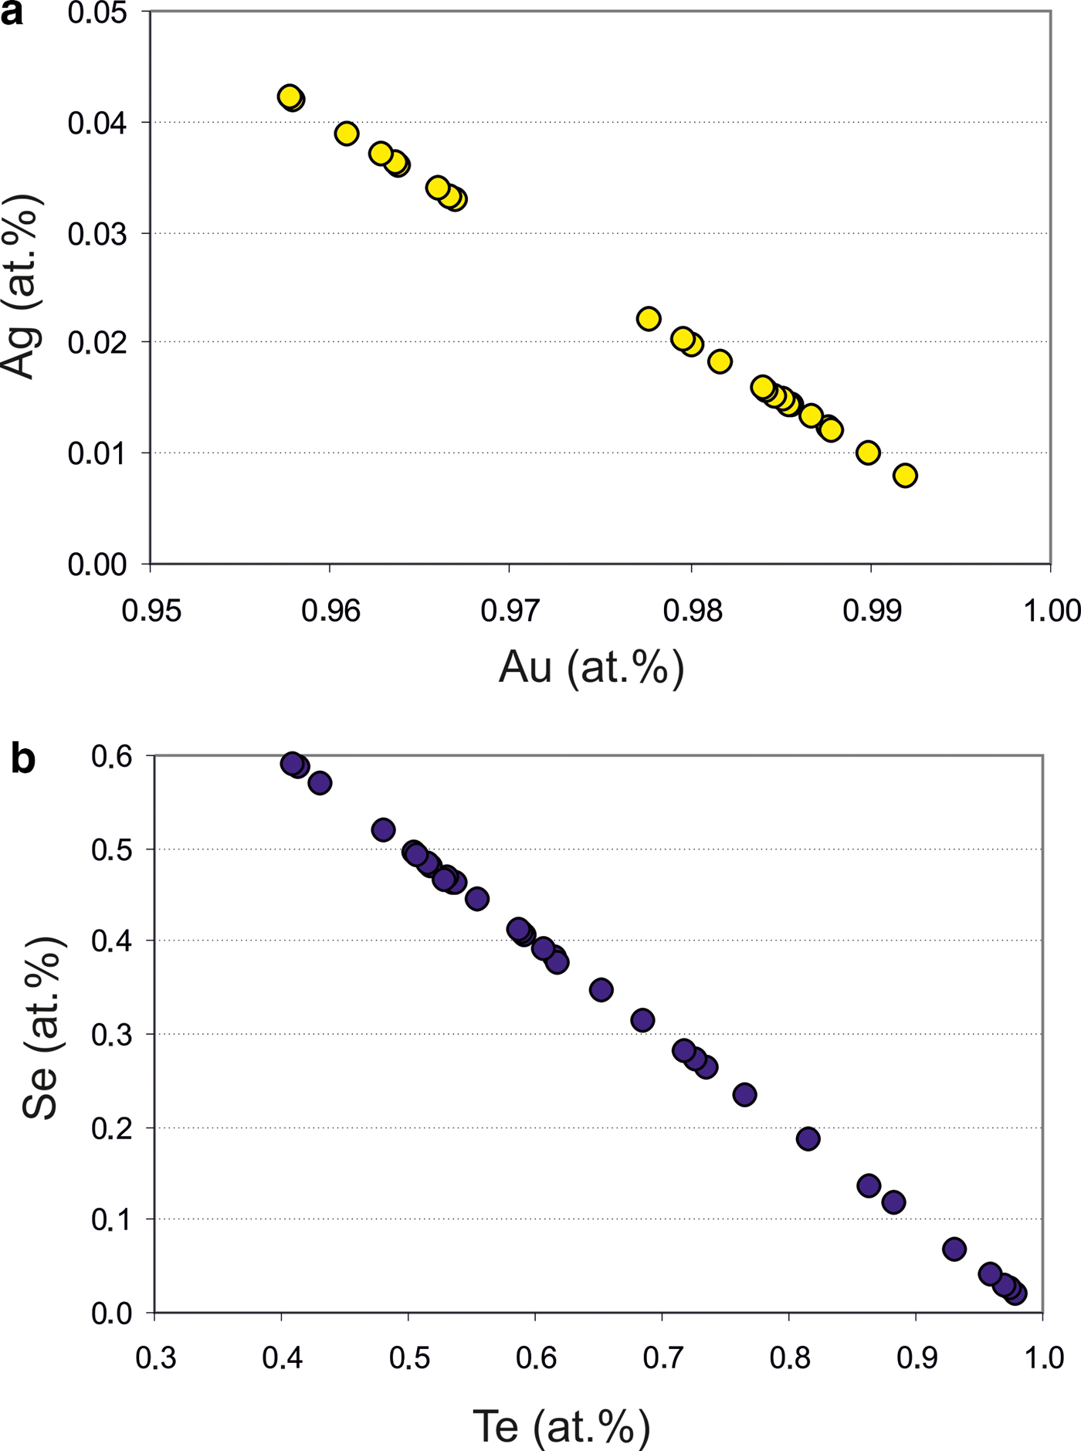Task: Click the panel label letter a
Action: coord(12,13)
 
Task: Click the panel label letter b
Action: coord(23,760)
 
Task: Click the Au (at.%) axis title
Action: coord(591,666)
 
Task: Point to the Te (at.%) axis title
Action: coord(561,1426)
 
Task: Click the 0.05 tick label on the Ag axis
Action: coord(97,13)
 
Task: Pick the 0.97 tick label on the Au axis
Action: coord(510,610)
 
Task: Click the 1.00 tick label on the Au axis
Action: coord(1052,610)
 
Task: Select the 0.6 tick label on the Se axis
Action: coord(111,757)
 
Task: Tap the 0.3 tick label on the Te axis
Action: coord(156,1358)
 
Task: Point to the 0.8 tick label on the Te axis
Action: coord(789,1358)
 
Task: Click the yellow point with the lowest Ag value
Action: coord(905,476)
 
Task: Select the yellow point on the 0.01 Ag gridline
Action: coord(868,453)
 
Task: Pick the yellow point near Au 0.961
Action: coord(347,134)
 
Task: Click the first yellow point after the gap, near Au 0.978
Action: coord(649,319)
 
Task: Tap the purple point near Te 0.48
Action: coord(383,830)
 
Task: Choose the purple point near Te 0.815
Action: coord(808,1138)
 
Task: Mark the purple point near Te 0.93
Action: coord(954,1249)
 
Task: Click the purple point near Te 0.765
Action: coord(744,1094)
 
